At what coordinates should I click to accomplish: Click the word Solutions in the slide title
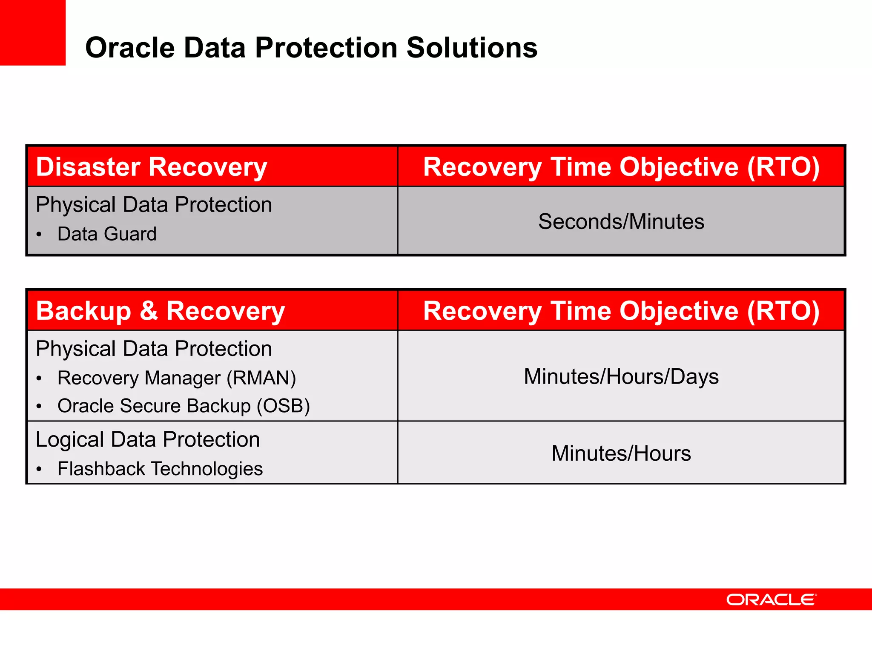click(472, 48)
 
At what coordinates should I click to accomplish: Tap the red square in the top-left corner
click(32, 32)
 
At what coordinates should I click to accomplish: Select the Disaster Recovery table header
click(151, 166)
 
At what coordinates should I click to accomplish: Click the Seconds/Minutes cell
click(621, 222)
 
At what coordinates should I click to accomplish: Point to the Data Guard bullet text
click(107, 234)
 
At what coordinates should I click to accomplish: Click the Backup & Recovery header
click(160, 311)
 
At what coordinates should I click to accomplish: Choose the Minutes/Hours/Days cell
click(621, 377)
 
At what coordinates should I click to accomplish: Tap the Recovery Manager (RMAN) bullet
click(176, 378)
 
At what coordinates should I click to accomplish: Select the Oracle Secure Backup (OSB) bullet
click(184, 406)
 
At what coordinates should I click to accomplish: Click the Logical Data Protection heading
click(147, 439)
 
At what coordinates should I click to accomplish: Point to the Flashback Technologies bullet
click(160, 469)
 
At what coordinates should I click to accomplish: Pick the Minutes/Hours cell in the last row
click(621, 453)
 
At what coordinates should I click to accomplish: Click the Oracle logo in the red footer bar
click(771, 600)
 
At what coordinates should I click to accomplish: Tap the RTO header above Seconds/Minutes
click(621, 166)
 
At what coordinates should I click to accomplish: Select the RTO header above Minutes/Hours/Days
click(621, 311)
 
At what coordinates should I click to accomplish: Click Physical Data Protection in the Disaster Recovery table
click(154, 205)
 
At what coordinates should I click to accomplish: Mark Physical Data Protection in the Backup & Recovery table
click(154, 349)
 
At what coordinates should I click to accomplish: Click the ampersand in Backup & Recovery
click(149, 311)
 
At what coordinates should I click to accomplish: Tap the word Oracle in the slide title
click(130, 48)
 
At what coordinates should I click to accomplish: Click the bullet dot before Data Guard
click(39, 235)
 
